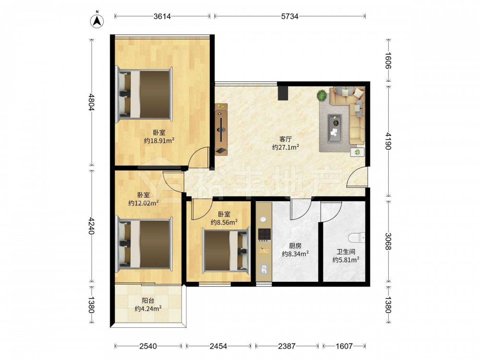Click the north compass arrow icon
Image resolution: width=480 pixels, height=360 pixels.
(x=97, y=20)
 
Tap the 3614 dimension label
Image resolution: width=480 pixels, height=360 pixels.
(x=162, y=16)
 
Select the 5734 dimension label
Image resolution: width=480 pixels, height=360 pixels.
(x=289, y=16)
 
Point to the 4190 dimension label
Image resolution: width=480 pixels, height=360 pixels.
(x=388, y=141)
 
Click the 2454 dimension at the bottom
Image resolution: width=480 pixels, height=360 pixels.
(x=218, y=346)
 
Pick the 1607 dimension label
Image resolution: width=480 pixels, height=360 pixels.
(x=344, y=346)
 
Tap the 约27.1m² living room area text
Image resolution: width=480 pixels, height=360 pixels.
(x=286, y=147)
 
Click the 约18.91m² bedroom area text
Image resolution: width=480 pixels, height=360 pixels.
(x=159, y=141)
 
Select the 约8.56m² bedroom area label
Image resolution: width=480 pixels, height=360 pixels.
(x=224, y=222)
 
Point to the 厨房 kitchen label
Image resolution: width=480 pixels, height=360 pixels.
(x=295, y=245)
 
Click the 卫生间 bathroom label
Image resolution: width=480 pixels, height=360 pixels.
(x=346, y=252)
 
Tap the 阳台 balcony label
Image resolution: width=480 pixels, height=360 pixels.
(x=148, y=300)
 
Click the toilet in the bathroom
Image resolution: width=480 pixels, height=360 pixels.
(x=357, y=238)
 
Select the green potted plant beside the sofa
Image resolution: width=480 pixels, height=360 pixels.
(x=322, y=95)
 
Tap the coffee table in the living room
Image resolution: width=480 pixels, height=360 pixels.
(x=335, y=129)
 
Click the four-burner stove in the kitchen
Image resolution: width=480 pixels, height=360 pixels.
(x=264, y=235)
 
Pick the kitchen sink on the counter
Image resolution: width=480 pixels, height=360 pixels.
(x=264, y=270)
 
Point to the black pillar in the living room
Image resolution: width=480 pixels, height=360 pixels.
(x=283, y=93)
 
